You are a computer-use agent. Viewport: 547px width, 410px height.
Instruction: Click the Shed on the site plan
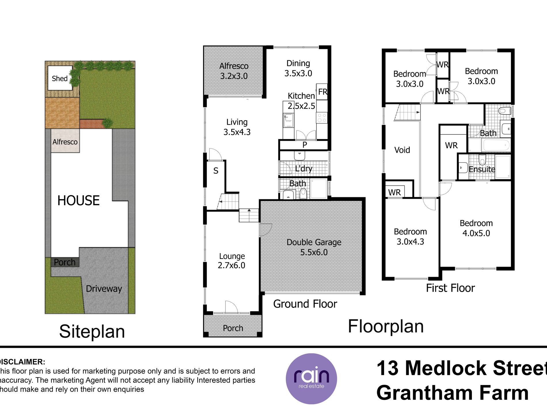[60, 78]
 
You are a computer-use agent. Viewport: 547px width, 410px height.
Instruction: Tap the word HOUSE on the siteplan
[78, 201]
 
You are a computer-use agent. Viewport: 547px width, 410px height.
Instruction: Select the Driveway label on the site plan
[104, 289]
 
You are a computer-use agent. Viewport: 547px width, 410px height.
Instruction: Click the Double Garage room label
[314, 242]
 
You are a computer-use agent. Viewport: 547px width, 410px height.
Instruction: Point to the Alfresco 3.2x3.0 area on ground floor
[234, 71]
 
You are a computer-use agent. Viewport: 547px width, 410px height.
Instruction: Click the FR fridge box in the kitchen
[322, 92]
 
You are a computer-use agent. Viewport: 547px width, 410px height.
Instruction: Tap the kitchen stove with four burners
[322, 118]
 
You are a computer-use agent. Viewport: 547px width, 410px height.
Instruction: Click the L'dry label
[304, 168]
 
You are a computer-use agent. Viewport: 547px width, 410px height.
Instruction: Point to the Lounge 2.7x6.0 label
[232, 260]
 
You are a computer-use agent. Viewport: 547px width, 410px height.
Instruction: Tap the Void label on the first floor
[402, 150]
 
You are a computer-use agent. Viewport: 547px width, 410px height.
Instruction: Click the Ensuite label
[482, 169]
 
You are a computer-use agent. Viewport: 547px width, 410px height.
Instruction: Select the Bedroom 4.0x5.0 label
[476, 228]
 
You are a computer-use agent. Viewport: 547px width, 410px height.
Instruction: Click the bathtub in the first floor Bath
[495, 145]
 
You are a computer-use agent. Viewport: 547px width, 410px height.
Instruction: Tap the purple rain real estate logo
[311, 378]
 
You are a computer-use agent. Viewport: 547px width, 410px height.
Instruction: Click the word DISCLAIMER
[22, 362]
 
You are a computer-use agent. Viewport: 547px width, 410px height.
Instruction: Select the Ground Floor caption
[305, 304]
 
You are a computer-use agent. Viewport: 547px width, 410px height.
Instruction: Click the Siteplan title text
[92, 331]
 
